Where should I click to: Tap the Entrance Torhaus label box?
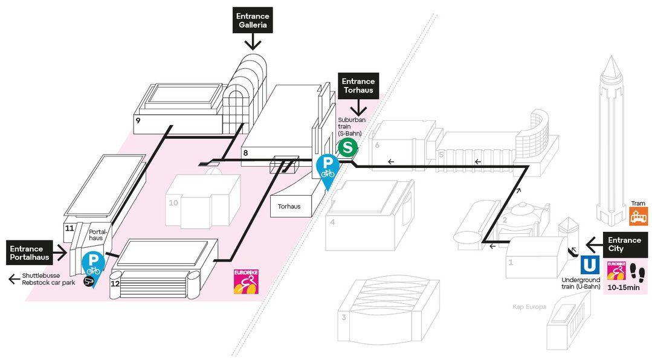coord(359,86)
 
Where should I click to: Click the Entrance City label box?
coord(624,244)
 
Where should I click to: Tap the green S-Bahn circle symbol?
coord(347,147)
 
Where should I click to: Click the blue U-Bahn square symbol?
coord(590,266)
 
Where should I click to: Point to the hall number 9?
coord(138,121)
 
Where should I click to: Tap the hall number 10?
coord(173,203)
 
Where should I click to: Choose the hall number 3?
coord(343,317)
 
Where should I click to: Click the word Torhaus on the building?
coord(289,207)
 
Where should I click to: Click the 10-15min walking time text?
coord(624,287)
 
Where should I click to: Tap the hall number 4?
coord(332,222)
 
